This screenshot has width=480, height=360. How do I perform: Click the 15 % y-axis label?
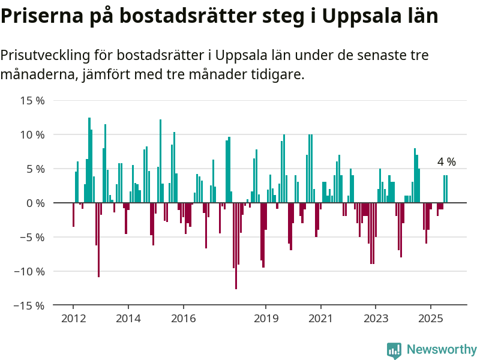coord(32,100)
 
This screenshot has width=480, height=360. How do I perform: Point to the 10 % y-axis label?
coord(32,134)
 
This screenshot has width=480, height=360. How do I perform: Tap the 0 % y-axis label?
coord(35,203)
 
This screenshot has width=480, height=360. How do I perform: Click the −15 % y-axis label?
coord(29,305)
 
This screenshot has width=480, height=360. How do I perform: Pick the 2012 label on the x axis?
coord(73,319)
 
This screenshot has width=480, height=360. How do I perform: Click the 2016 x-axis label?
coord(184,319)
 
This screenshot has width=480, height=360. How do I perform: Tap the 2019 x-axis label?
coord(266,319)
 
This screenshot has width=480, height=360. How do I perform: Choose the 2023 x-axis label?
coord(376,319)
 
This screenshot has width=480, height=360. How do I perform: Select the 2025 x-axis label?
coord(430,319)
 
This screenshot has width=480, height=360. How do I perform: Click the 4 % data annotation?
coord(446,161)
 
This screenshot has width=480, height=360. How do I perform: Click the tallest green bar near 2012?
coord(89,160)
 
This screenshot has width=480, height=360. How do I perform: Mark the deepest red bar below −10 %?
coord(236,246)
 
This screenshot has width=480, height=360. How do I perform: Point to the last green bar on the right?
coord(446,189)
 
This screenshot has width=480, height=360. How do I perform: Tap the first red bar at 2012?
coord(73,215)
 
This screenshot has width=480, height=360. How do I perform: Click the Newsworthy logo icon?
coord(394,350)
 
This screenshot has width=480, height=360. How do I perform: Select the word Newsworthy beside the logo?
coord(442,349)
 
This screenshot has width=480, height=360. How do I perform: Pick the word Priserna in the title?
coord(42,16)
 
